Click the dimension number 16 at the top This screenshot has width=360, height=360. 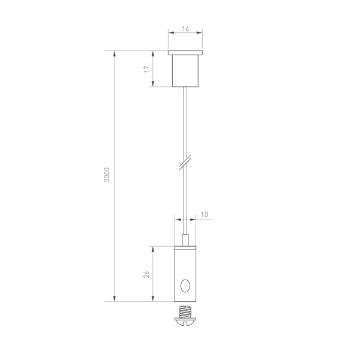[x=187, y=28]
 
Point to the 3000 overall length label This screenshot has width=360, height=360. [x=107, y=174]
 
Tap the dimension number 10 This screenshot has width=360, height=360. [x=205, y=214]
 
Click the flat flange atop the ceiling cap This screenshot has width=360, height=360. [x=187, y=53]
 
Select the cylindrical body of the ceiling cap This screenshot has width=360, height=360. [x=187, y=71]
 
